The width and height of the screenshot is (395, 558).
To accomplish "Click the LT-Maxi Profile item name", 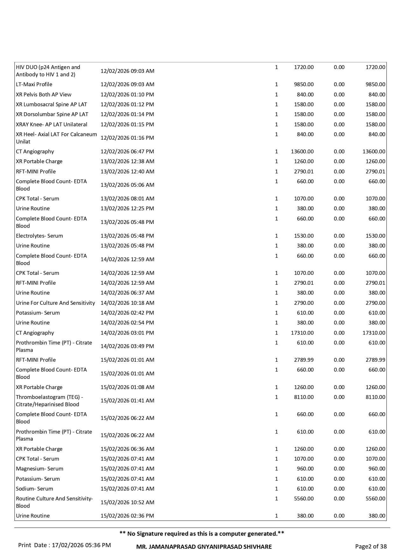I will [34, 84].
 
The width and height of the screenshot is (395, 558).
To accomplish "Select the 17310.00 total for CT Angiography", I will [374, 333].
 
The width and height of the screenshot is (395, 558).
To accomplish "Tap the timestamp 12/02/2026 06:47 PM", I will [127, 151].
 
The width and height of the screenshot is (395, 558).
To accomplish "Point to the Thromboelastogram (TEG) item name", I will [49, 401].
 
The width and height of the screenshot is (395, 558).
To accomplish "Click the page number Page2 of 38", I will [371, 547].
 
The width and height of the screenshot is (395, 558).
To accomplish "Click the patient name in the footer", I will [204, 547].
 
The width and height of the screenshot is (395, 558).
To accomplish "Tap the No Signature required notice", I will [202, 534].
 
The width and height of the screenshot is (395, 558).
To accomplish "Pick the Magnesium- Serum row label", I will [39, 469].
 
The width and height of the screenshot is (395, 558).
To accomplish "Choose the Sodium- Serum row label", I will [34, 489].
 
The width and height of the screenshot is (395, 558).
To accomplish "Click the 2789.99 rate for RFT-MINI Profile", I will [304, 360].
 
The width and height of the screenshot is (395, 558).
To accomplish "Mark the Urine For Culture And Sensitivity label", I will [55, 303].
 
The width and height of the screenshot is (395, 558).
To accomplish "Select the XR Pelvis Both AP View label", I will [44, 94].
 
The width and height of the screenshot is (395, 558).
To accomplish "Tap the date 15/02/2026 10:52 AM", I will [127, 502].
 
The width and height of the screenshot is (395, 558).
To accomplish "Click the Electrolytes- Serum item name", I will [39, 236].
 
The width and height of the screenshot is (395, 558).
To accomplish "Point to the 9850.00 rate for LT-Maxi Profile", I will [304, 84].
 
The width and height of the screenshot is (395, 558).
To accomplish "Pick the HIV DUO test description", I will [48, 71].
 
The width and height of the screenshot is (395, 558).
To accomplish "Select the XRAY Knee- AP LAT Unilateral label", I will [52, 124].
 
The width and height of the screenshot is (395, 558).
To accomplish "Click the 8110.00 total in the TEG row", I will [375, 397].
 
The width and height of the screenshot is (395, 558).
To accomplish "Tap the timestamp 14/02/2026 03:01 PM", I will [127, 333].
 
